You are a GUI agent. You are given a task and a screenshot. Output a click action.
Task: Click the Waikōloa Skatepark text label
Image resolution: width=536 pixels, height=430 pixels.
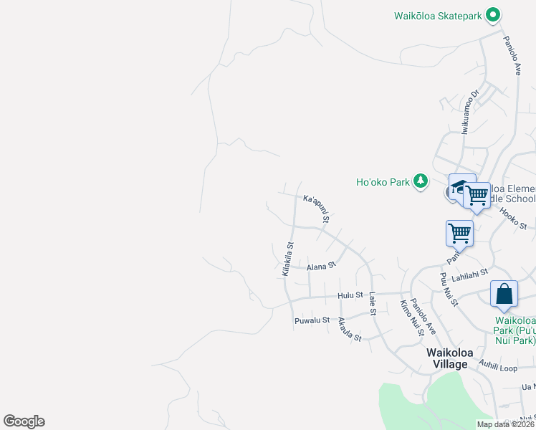439,15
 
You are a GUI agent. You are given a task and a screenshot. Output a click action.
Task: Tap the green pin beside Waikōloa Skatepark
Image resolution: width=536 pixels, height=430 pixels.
492,15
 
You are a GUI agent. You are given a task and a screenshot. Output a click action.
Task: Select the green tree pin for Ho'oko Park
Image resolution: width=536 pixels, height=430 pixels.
421,181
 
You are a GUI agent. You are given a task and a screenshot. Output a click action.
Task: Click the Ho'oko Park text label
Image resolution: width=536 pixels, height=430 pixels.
383,182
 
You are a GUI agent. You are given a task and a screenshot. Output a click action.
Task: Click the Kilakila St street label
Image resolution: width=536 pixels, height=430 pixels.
288,259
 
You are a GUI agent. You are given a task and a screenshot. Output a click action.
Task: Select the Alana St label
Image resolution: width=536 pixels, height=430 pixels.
321,267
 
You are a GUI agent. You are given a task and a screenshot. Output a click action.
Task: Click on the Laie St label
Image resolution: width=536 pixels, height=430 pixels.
373,305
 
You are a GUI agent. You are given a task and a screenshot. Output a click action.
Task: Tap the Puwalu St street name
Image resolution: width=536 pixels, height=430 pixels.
312,320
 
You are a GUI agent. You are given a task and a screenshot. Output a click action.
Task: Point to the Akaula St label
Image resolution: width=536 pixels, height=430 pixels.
350,329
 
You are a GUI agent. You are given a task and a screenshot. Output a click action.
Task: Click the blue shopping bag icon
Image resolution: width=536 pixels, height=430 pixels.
504,295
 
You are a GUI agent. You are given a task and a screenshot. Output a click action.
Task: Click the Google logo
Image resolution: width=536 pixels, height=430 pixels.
24,421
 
